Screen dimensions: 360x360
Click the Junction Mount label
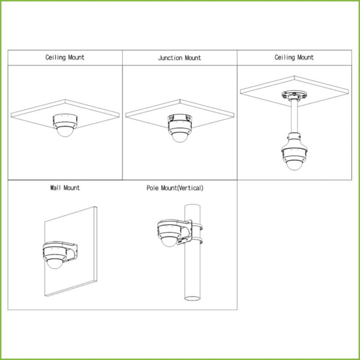click(179, 58)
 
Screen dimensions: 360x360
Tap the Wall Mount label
click(65, 188)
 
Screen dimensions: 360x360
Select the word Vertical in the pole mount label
click(190, 188)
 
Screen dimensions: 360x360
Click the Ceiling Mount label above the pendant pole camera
click(294, 58)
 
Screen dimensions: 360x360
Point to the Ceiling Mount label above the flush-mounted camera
click(65, 58)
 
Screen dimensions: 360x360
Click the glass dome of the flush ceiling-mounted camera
click(65, 132)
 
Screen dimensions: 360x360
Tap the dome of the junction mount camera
click(180, 137)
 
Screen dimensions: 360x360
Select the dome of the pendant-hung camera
click(294, 165)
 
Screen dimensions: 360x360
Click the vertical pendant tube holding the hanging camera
click(294, 116)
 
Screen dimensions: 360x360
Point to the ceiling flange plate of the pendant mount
click(294, 94)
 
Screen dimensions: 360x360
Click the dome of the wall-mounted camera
click(55, 263)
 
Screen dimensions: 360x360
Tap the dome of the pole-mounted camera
click(169, 242)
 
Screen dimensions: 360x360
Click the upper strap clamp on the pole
click(197, 227)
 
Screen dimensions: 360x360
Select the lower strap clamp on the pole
click(197, 241)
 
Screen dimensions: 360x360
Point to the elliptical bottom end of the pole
click(193, 298)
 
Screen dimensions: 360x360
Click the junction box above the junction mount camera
click(180, 118)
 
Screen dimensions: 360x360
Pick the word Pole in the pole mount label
click(152, 188)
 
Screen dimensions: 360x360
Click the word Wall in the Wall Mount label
click(56, 188)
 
